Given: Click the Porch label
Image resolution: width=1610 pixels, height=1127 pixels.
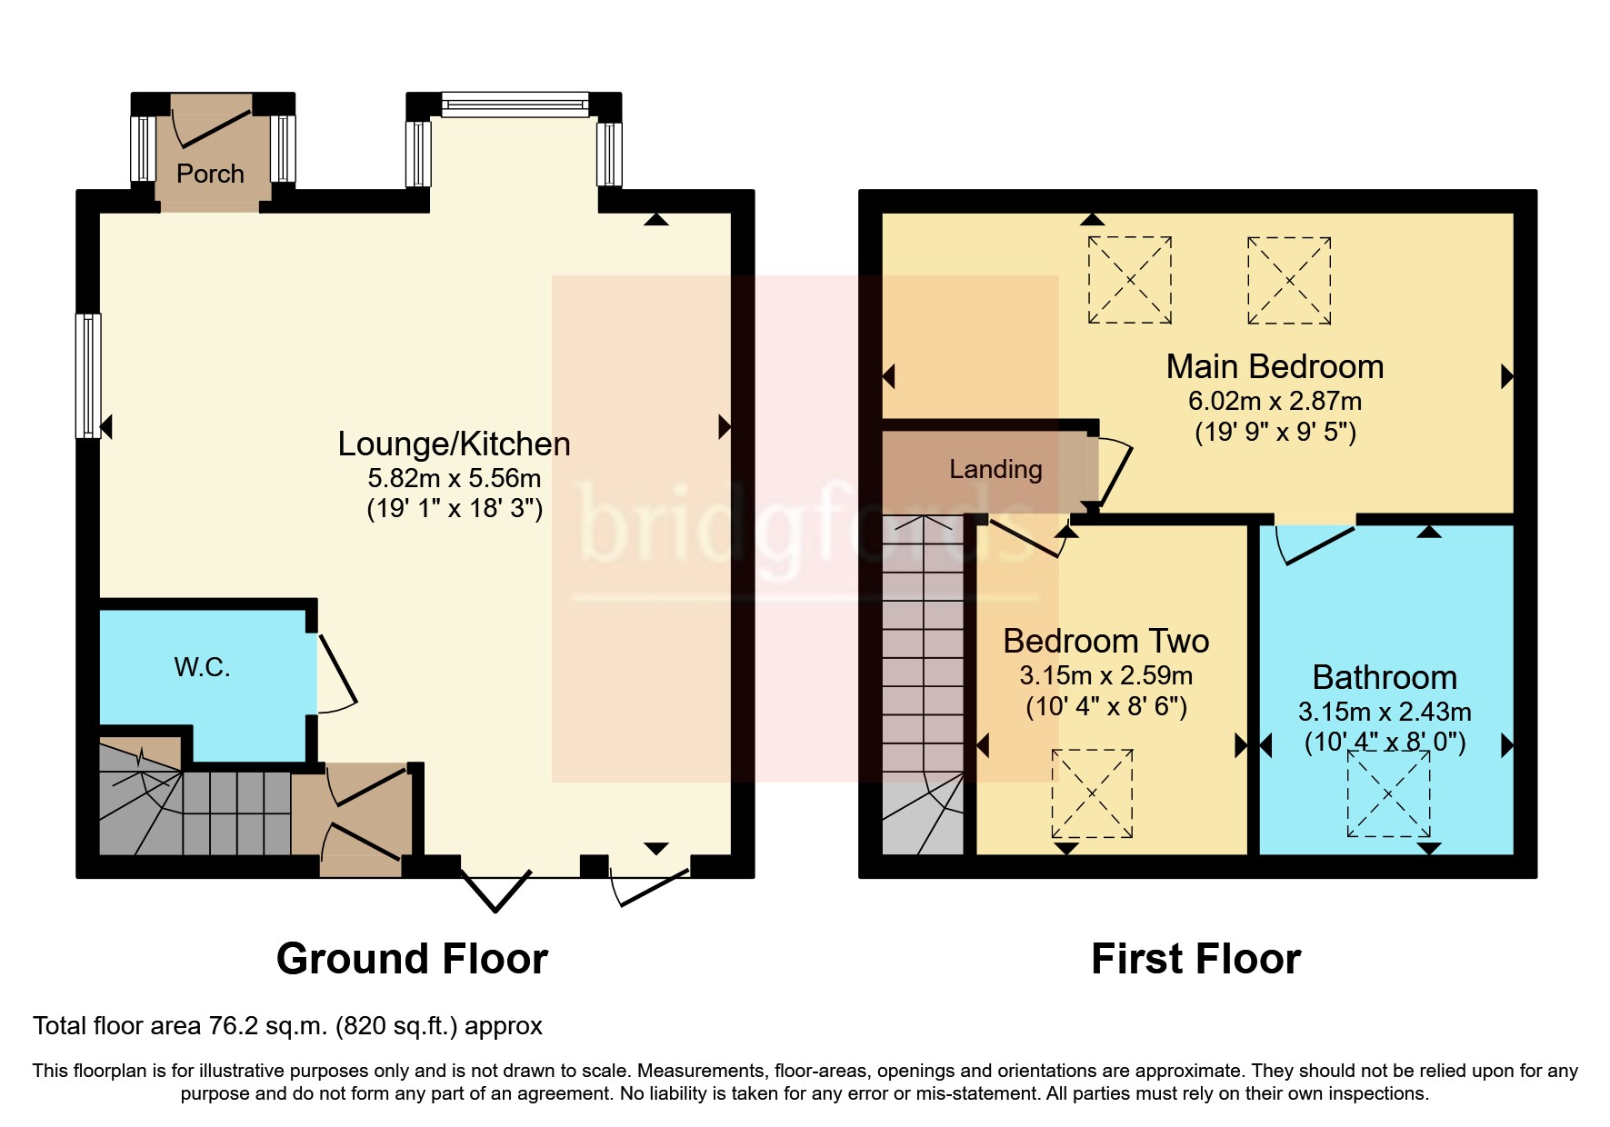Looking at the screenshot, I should pyautogui.click(x=210, y=174).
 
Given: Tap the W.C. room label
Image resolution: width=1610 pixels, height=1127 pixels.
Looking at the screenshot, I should pyautogui.click(x=202, y=667).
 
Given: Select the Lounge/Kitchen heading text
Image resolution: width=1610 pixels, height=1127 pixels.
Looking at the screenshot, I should pyautogui.click(x=454, y=444).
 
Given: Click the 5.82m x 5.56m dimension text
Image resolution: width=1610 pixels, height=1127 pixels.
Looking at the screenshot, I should pyautogui.click(x=454, y=478).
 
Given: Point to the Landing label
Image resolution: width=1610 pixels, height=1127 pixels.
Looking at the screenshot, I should pyautogui.click(x=995, y=469).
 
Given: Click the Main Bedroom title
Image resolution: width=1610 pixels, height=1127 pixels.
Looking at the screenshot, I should pyautogui.click(x=1275, y=366).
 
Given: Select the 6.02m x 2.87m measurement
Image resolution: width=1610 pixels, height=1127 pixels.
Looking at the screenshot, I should pyautogui.click(x=1275, y=401).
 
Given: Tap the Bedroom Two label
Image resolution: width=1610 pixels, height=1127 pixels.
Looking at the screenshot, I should pyautogui.click(x=1105, y=641).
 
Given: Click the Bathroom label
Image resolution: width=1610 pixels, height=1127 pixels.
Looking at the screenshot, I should pyautogui.click(x=1385, y=677).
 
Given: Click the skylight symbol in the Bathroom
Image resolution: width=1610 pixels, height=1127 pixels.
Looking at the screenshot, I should pyautogui.click(x=1388, y=794).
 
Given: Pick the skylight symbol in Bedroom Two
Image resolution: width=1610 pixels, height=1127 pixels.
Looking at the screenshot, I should pyautogui.click(x=1092, y=793).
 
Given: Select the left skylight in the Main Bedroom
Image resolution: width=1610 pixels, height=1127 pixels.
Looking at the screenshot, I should pyautogui.click(x=1130, y=280).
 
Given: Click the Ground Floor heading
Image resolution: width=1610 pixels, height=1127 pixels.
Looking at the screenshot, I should pyautogui.click(x=412, y=959).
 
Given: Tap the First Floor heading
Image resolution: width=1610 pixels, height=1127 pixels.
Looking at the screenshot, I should pyautogui.click(x=1195, y=959).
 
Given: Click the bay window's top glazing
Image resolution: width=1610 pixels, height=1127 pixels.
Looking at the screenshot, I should pyautogui.click(x=515, y=105).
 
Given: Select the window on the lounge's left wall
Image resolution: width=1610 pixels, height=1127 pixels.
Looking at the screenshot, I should pyautogui.click(x=88, y=375).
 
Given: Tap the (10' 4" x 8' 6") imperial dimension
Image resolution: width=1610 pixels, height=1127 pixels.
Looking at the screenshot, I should pyautogui.click(x=1105, y=707).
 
